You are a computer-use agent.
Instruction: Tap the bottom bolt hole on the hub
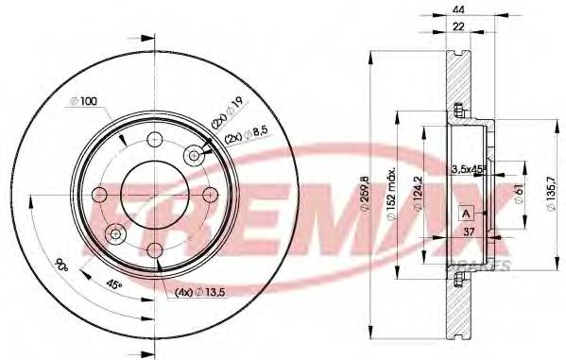(x=154, y=249)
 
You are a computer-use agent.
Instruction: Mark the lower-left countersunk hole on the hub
(x=114, y=232)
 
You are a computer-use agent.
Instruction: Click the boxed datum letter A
(x=465, y=214)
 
